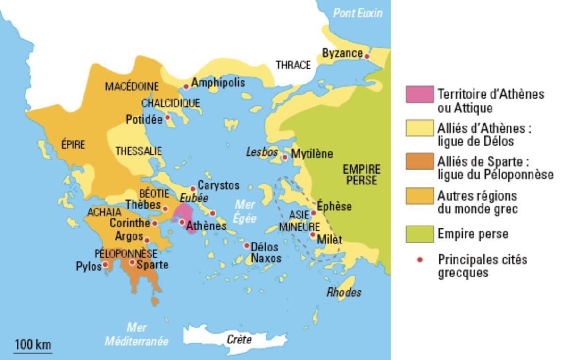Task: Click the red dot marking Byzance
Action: (x=367, y=57)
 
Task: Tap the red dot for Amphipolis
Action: (x=186, y=86)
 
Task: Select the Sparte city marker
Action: (x=133, y=262)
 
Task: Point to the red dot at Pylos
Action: (x=105, y=265)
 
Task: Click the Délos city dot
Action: (x=246, y=245)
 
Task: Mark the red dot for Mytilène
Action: (x=285, y=157)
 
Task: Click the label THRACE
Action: (x=293, y=65)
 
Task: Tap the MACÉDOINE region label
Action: (x=132, y=86)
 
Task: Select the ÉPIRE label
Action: (x=73, y=145)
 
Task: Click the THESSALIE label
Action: (x=139, y=151)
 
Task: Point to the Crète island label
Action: (x=239, y=339)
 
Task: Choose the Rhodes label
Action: (x=344, y=293)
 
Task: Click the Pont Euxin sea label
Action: (x=358, y=13)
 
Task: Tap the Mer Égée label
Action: (x=245, y=211)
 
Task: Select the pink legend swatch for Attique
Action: (x=419, y=95)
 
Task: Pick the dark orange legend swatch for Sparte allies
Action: (x=419, y=162)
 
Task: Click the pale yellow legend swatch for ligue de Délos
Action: (x=419, y=128)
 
